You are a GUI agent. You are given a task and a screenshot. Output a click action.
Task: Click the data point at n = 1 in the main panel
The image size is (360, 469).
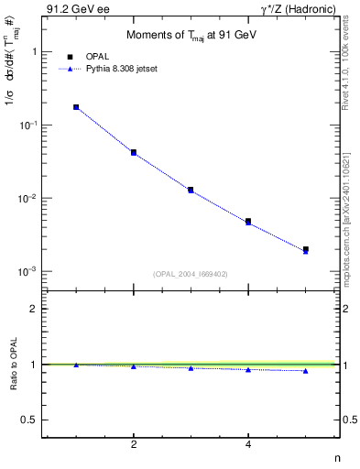tap(76, 107)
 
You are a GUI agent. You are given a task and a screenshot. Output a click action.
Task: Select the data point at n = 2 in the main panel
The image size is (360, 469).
tap(134, 152)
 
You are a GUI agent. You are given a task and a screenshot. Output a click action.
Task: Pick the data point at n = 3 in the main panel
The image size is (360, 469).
tap(191, 190)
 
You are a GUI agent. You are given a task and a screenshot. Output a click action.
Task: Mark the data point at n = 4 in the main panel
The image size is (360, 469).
tap(248, 222)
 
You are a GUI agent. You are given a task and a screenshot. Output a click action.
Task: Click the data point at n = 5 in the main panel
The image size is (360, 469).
tap(306, 249)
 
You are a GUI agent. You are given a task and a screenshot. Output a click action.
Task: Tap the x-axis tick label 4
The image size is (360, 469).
tap(248, 444)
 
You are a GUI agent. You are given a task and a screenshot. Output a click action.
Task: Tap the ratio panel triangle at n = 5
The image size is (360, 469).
tap(306, 370)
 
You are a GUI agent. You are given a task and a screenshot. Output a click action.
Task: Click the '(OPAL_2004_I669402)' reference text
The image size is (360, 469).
tap(191, 273)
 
